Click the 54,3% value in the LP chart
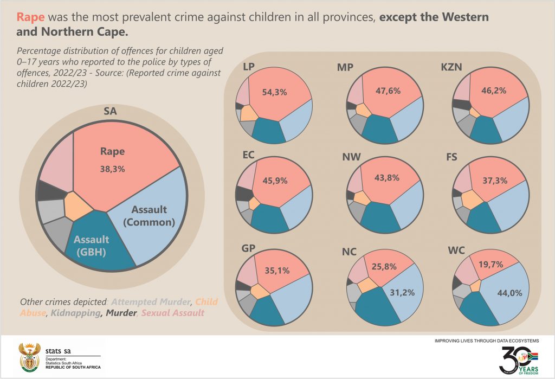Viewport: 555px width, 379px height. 274,93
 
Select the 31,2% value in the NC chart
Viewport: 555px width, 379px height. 402,293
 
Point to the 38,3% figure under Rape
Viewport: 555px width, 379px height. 112,169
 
